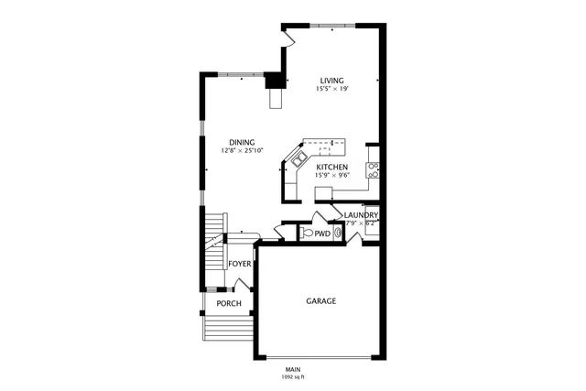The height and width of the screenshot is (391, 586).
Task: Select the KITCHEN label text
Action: pyautogui.click(x=331, y=168)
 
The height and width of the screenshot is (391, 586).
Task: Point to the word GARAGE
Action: pyautogui.click(x=320, y=300)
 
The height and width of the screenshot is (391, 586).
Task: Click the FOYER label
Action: pyautogui.click(x=240, y=264)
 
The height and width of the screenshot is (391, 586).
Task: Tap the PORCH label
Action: pyautogui.click(x=229, y=303)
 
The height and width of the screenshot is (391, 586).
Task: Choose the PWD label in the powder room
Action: pyautogui.click(x=322, y=234)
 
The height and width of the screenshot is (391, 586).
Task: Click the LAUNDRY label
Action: pyautogui.click(x=361, y=215)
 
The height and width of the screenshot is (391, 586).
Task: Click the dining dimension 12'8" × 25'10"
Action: pyautogui.click(x=242, y=150)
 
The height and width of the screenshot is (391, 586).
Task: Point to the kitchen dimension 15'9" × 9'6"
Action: pyautogui.click(x=331, y=178)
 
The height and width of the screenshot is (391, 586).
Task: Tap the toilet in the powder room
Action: pyautogui.click(x=306, y=234)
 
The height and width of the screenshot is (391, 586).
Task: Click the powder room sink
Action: pyautogui.click(x=338, y=234)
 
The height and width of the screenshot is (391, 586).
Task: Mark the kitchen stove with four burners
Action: pyautogui.click(x=373, y=168)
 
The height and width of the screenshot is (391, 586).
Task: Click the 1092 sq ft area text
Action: pyautogui.click(x=292, y=376)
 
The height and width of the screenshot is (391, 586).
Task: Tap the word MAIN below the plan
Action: pyautogui.click(x=292, y=369)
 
